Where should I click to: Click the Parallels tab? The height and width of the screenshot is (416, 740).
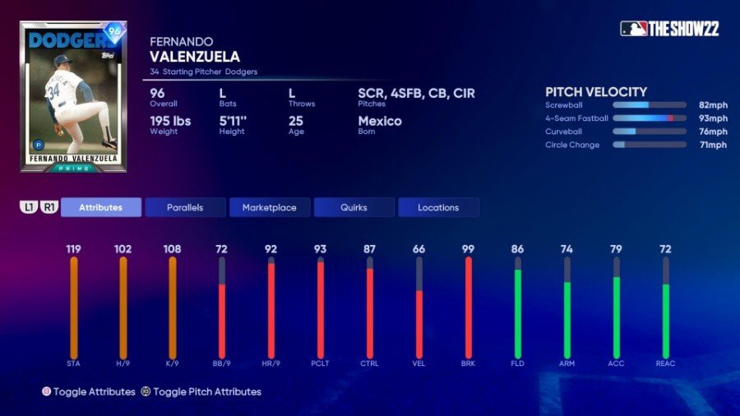click(185, 207)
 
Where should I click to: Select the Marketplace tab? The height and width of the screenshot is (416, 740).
click(270, 207)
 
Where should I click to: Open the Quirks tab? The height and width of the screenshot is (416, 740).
click(354, 207)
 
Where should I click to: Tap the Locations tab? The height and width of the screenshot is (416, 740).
click(438, 207)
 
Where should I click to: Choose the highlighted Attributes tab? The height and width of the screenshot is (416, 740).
click(100, 207)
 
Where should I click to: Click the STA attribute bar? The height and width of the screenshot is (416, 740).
click(74, 307)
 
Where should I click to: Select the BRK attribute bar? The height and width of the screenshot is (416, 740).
click(469, 307)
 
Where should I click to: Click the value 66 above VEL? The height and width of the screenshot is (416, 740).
click(419, 248)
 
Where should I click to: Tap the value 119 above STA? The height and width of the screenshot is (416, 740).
click(74, 248)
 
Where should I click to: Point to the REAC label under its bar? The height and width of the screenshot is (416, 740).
click(666, 363)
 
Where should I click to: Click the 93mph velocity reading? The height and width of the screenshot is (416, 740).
click(713, 118)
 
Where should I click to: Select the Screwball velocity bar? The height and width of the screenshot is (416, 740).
click(649, 105)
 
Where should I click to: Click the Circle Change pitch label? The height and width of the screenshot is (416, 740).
click(572, 145)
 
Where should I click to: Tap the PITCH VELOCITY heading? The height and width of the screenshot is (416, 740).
click(596, 92)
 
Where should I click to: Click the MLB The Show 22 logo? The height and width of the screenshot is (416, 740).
click(669, 29)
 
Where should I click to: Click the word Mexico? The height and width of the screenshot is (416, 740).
click(380, 121)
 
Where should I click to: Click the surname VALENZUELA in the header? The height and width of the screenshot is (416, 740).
click(195, 56)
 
